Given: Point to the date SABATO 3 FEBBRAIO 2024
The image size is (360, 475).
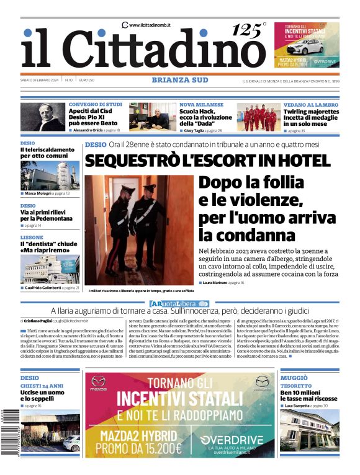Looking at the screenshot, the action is pyautogui.click(x=40, y=80).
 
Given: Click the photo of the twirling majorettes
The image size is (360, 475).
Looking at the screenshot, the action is pyautogui.click(x=257, y=117).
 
